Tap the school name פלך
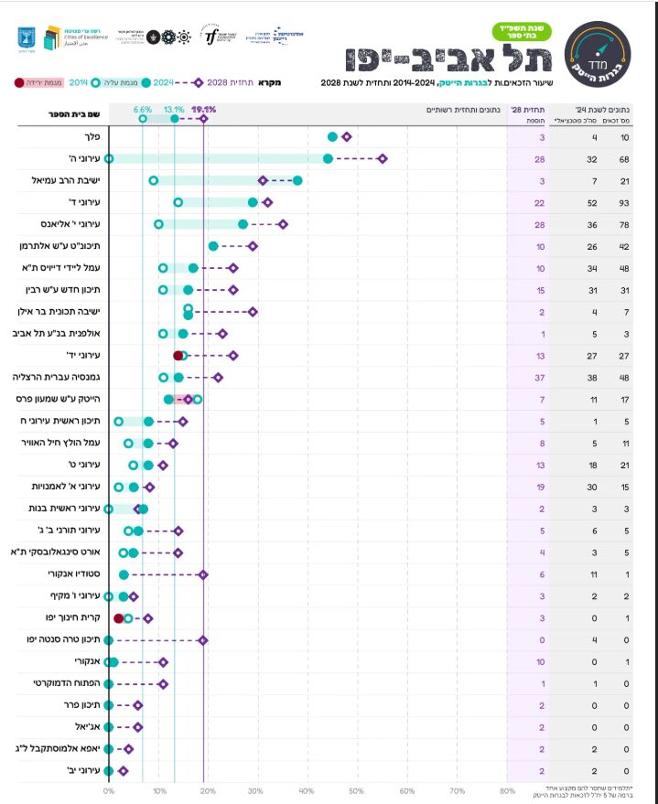(x=92, y=137)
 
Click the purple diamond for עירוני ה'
(x=383, y=159)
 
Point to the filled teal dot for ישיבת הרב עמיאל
(x=297, y=181)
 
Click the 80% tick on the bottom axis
(x=506, y=790)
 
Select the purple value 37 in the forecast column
(x=542, y=377)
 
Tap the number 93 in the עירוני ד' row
(x=624, y=202)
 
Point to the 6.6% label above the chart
(x=143, y=109)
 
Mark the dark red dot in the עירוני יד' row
(x=178, y=356)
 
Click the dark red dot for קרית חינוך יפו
(x=119, y=618)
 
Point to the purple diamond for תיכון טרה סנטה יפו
(x=203, y=640)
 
